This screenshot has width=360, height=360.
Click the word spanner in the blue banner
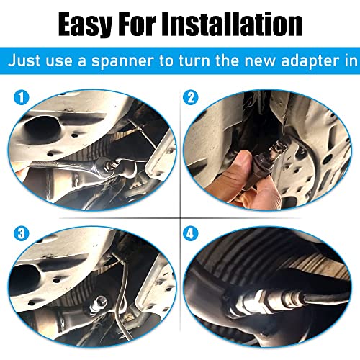[x=135, y=62]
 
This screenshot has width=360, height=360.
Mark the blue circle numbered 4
[x=190, y=232]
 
